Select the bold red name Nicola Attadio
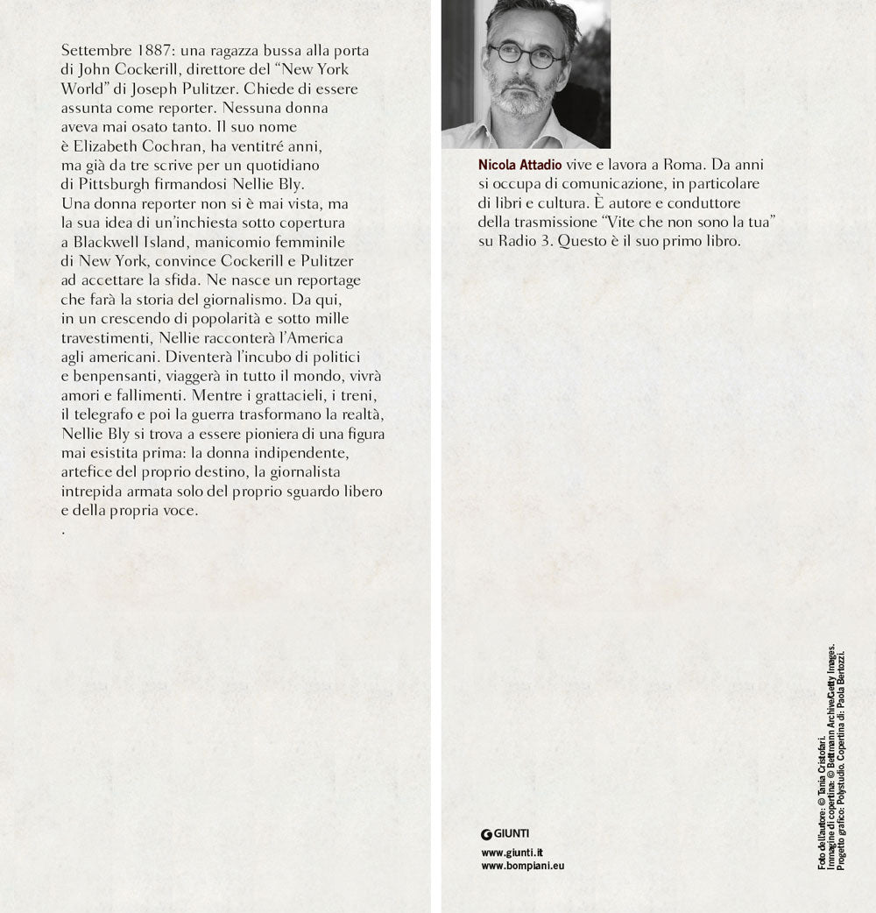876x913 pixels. click(x=519, y=164)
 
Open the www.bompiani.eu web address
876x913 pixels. click(x=523, y=866)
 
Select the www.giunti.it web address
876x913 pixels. click(x=512, y=852)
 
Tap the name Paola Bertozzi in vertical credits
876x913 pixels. click(x=840, y=676)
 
